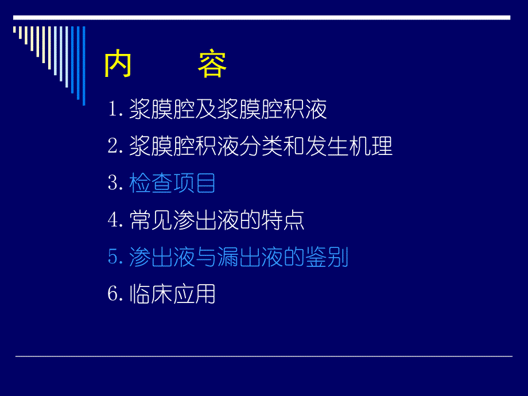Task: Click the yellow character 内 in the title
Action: (x=118, y=65)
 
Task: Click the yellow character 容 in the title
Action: (x=212, y=65)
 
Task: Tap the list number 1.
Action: (x=113, y=110)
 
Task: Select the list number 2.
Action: (x=113, y=146)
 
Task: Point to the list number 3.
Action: (x=113, y=184)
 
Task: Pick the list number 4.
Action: (x=113, y=221)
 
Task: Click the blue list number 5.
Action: (x=113, y=258)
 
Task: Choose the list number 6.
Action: (x=113, y=294)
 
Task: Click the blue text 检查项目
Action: (x=172, y=184)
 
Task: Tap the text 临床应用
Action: (x=172, y=294)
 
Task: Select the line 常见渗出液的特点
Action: (x=217, y=221)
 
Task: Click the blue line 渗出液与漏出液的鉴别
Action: (x=239, y=258)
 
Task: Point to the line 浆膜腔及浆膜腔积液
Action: (x=228, y=110)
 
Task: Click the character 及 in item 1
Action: (x=206, y=110)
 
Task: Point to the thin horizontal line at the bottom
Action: (x=263, y=356)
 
